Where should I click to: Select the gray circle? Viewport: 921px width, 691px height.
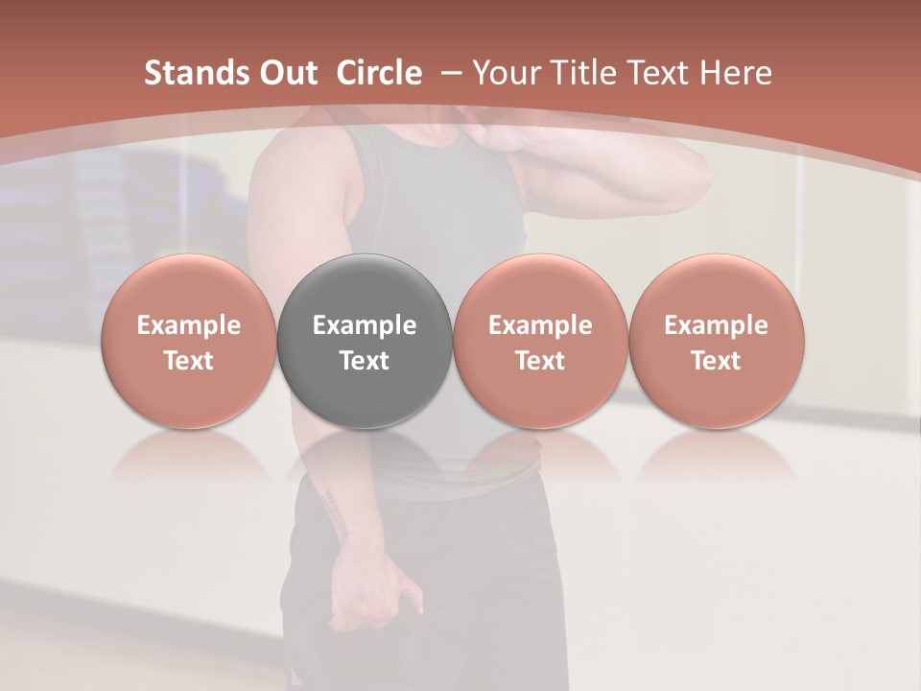click(x=365, y=343)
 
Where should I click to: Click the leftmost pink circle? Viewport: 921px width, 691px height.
click(x=189, y=343)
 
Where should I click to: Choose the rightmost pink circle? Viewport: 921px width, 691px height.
click(x=717, y=343)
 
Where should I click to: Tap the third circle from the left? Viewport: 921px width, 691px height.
click(x=540, y=343)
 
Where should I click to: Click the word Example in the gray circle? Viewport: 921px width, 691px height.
click(x=365, y=325)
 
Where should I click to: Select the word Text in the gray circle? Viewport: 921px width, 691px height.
click(x=365, y=361)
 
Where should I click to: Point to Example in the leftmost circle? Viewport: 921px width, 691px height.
click(x=189, y=325)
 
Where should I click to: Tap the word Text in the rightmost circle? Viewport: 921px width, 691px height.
click(x=717, y=361)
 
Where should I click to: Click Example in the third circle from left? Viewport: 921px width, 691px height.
click(x=540, y=325)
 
